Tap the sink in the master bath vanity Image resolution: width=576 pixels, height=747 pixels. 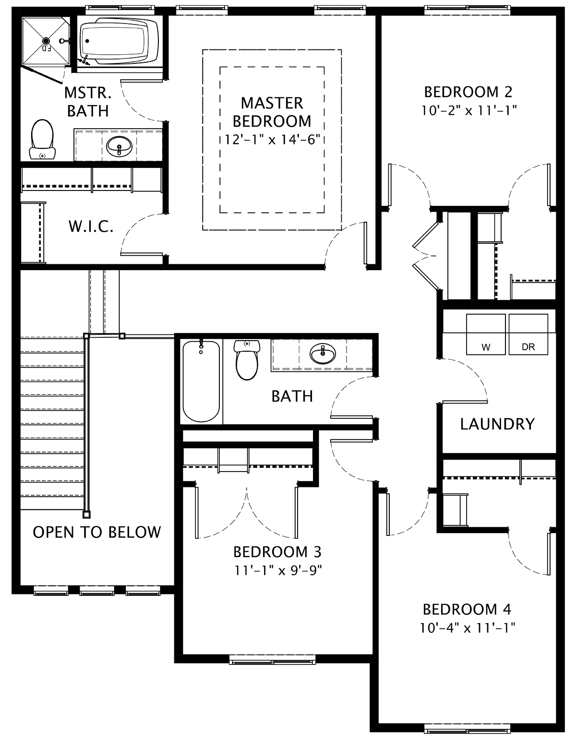(x=119, y=146)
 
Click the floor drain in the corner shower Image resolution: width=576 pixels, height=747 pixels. (x=46, y=41)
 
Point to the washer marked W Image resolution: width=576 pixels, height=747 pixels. (x=486, y=334)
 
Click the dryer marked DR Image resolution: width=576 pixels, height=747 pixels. (x=528, y=334)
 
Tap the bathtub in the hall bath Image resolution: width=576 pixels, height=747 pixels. (x=201, y=381)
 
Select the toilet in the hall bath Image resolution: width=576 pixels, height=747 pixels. (x=247, y=360)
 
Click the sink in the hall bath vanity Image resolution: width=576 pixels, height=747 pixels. (x=323, y=354)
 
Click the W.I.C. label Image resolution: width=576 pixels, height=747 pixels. (x=91, y=226)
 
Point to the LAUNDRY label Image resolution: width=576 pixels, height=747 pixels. (x=497, y=424)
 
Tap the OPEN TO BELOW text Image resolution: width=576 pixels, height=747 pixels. (x=96, y=533)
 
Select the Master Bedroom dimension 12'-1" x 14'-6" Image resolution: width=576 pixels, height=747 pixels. (x=272, y=140)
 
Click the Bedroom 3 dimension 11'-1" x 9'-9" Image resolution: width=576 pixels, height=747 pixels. (x=278, y=570)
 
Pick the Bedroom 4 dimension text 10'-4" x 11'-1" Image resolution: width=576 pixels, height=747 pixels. (x=468, y=628)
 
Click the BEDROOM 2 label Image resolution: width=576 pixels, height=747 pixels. (x=468, y=92)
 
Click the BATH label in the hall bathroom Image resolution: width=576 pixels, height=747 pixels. (x=292, y=396)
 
